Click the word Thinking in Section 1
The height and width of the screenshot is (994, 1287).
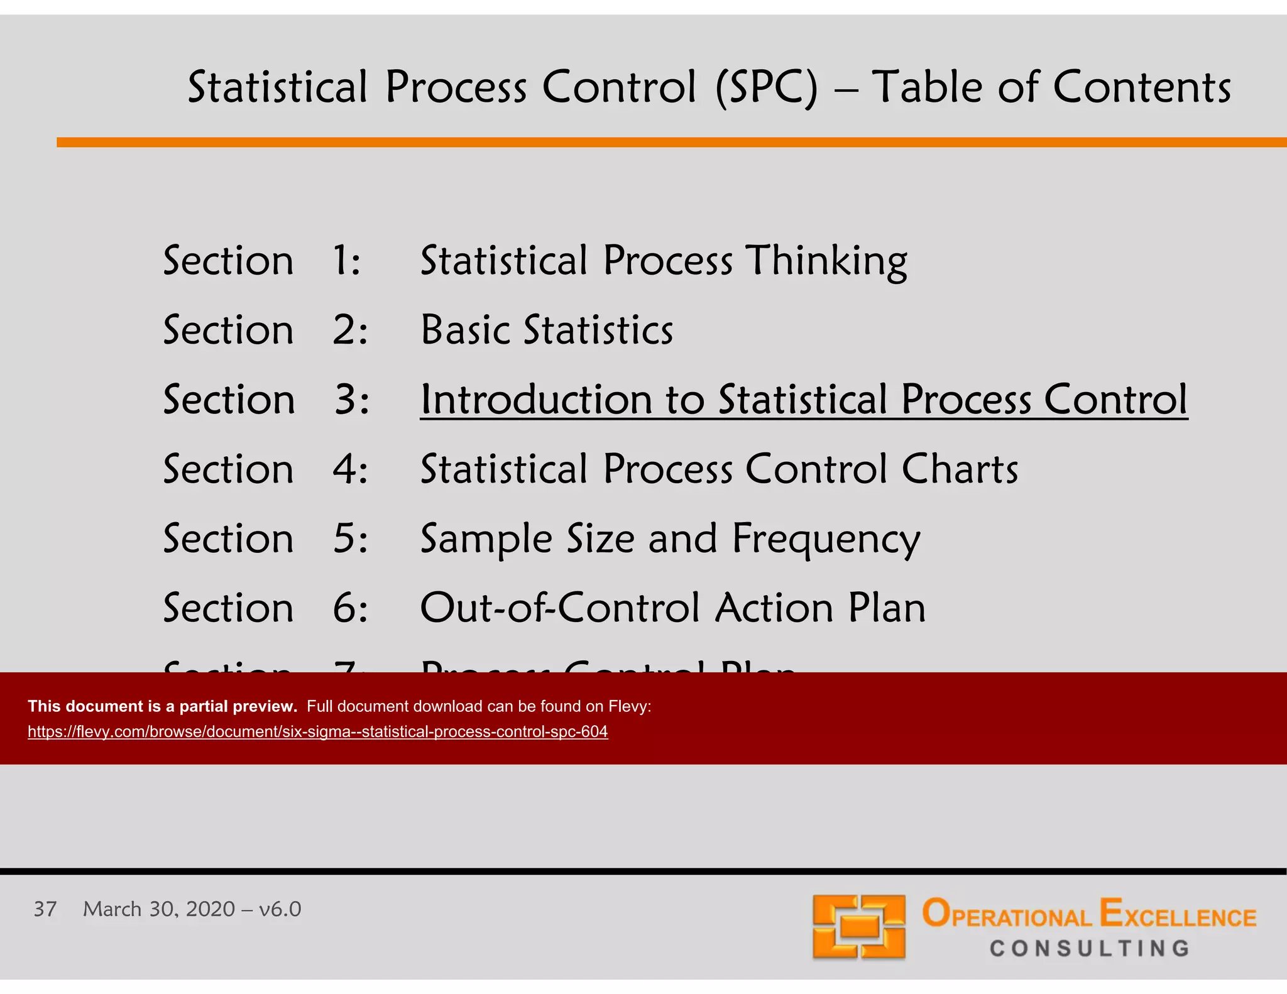click(826, 261)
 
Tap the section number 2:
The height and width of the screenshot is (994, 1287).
click(349, 330)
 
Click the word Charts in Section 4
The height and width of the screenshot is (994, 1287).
click(960, 469)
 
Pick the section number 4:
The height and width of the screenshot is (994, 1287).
click(349, 469)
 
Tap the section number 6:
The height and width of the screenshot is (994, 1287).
click(349, 608)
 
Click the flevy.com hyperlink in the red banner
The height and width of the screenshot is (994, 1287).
click(317, 731)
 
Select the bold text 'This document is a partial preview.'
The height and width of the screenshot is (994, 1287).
click(162, 706)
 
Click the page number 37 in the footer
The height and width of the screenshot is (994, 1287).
click(45, 909)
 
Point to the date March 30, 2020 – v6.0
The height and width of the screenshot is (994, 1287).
click(192, 909)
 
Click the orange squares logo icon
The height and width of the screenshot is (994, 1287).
click(858, 926)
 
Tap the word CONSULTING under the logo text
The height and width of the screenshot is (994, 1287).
click(1089, 948)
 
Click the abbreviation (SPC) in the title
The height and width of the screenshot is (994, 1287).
click(767, 87)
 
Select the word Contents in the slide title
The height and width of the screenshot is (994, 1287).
click(1141, 87)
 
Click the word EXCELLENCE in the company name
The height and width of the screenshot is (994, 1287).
click(1178, 915)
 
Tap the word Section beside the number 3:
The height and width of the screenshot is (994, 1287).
click(229, 400)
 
